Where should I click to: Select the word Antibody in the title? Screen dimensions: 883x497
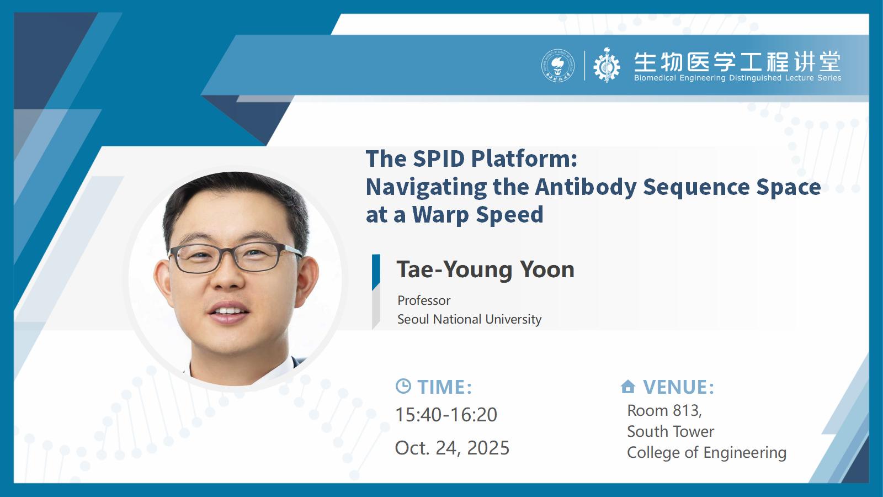586,187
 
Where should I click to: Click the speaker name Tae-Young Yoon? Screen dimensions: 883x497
485,270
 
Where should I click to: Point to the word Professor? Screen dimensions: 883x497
424,300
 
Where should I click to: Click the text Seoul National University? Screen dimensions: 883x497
469,319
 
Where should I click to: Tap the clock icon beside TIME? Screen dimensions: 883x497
403,386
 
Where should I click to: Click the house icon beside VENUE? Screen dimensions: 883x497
628,387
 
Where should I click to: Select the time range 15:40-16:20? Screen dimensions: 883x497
446,415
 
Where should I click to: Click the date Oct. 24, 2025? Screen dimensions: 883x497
452,448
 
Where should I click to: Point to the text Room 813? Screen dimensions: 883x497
664,411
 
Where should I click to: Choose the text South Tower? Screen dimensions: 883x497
671,431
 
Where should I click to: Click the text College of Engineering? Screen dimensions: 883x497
707,453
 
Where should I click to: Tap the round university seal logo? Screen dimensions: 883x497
558,66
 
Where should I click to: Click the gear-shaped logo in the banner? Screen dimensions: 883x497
607,66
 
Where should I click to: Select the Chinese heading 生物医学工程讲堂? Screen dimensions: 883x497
737,62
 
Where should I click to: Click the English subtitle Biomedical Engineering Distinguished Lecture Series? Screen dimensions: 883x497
737,78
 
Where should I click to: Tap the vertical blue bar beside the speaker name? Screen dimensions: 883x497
376,273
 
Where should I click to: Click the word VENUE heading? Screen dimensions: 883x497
678,387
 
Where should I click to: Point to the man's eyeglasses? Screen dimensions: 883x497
235,257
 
